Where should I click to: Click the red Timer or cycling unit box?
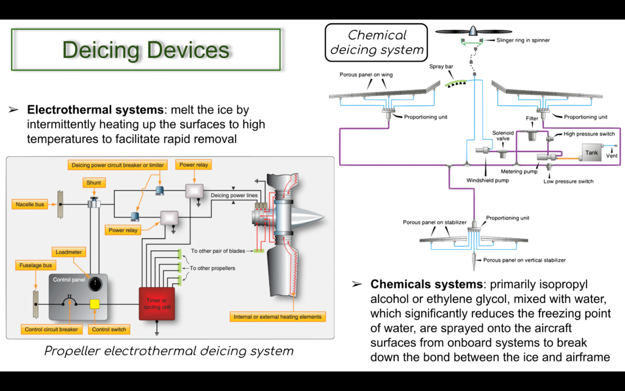pyautogui.click(x=157, y=304)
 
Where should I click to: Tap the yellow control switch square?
pyautogui.click(x=95, y=304)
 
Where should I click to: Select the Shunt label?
pyautogui.click(x=93, y=183)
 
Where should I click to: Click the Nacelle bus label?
pyautogui.click(x=30, y=204)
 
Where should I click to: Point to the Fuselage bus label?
pyautogui.click(x=35, y=265)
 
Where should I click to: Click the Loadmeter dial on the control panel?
pyautogui.click(x=95, y=284)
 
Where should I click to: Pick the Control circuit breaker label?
pyautogui.click(x=51, y=329)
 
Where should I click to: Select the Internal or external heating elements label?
pyautogui.click(x=278, y=317)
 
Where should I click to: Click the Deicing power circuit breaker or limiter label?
pyautogui.click(x=118, y=165)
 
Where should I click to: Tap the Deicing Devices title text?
pyautogui.click(x=146, y=50)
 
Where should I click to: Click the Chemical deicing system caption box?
pyautogui.click(x=376, y=43)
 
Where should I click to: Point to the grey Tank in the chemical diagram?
pyautogui.click(x=591, y=153)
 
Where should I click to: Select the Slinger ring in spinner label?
pyautogui.click(x=523, y=40)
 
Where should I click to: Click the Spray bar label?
pyautogui.click(x=441, y=66)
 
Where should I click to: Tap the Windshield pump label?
pyautogui.click(x=488, y=180)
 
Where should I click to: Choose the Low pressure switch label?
pyautogui.click(x=568, y=181)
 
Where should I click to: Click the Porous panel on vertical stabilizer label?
pyautogui.click(x=524, y=260)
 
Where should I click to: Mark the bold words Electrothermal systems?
pyautogui.click(x=95, y=110)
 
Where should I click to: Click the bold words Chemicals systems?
pyautogui.click(x=427, y=284)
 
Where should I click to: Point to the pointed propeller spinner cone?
pyautogui.click(x=308, y=218)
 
